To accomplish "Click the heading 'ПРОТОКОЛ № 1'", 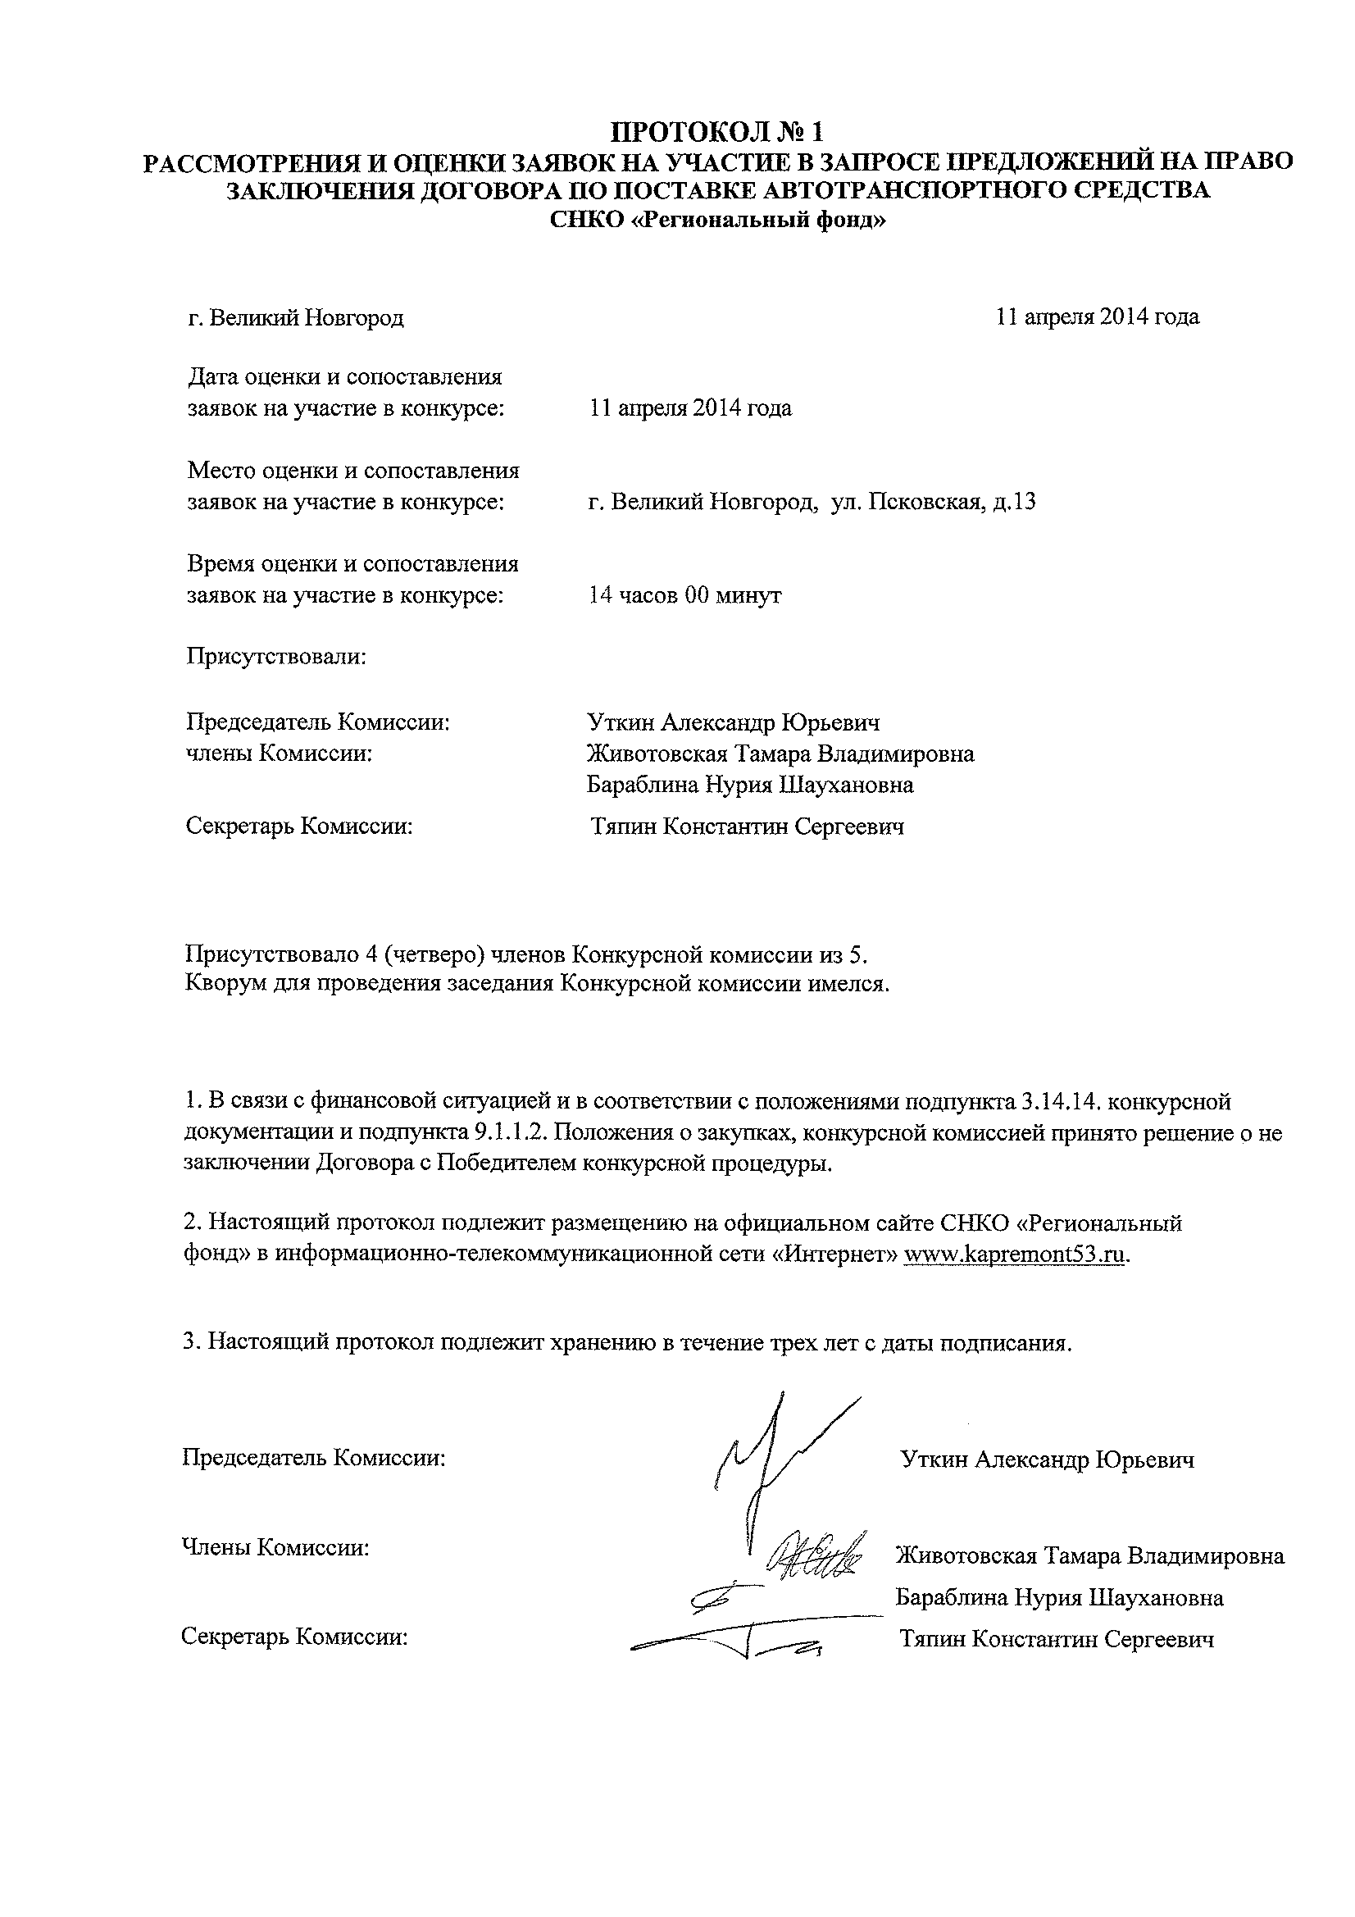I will (x=718, y=131).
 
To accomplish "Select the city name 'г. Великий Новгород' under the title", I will (x=296, y=318).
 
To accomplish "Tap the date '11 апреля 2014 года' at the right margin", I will (x=1098, y=316).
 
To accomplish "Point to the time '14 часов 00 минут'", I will (x=684, y=595).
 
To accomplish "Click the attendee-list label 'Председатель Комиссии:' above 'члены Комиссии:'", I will (x=318, y=722).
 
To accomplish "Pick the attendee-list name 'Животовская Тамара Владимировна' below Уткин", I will (x=780, y=754).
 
